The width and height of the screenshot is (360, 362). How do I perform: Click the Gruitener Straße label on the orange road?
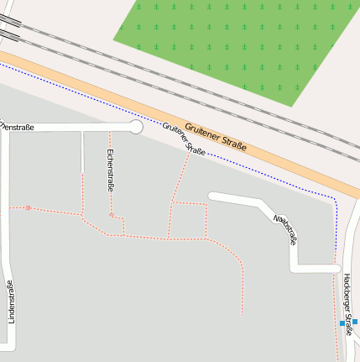tap(216, 135)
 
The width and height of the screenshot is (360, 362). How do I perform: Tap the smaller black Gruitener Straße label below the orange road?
tap(184, 139)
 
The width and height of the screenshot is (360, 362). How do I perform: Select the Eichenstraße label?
tap(110, 170)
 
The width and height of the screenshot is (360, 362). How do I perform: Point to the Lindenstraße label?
tap(10, 302)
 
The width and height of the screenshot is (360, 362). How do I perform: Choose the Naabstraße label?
tap(286, 228)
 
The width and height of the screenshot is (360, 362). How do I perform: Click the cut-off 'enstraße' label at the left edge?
tap(17, 127)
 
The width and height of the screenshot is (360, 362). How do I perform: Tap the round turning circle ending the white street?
tap(135, 127)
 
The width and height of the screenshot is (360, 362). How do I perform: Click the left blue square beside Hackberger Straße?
tap(342, 323)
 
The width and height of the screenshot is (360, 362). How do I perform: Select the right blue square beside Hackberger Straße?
tap(355, 322)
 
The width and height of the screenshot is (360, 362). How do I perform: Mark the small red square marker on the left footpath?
tap(29, 207)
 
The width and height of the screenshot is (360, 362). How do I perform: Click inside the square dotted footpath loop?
tap(190, 220)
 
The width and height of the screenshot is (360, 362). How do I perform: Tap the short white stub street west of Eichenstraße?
tap(82, 151)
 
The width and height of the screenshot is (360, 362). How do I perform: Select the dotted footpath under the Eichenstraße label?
tap(111, 202)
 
